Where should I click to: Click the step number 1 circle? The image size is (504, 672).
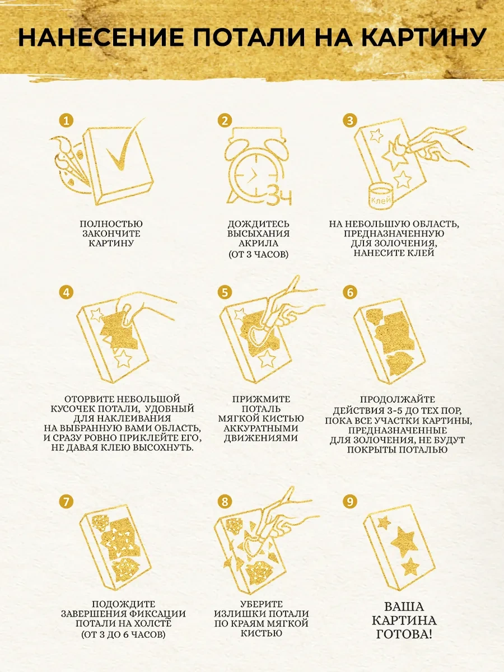tap(67, 120)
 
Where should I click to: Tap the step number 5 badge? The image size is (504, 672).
tap(225, 293)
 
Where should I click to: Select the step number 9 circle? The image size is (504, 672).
tap(350, 501)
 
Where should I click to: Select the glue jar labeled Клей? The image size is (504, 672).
tap(380, 196)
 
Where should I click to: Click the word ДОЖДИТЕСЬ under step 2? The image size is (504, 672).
tap(259, 224)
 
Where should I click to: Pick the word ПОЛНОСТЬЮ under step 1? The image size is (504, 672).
tap(111, 224)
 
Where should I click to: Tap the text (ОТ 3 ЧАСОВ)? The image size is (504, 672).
tap(259, 254)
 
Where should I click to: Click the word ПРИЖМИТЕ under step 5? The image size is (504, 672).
tap(261, 399)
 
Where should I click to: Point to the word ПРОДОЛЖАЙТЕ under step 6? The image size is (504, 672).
tap(397, 399)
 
